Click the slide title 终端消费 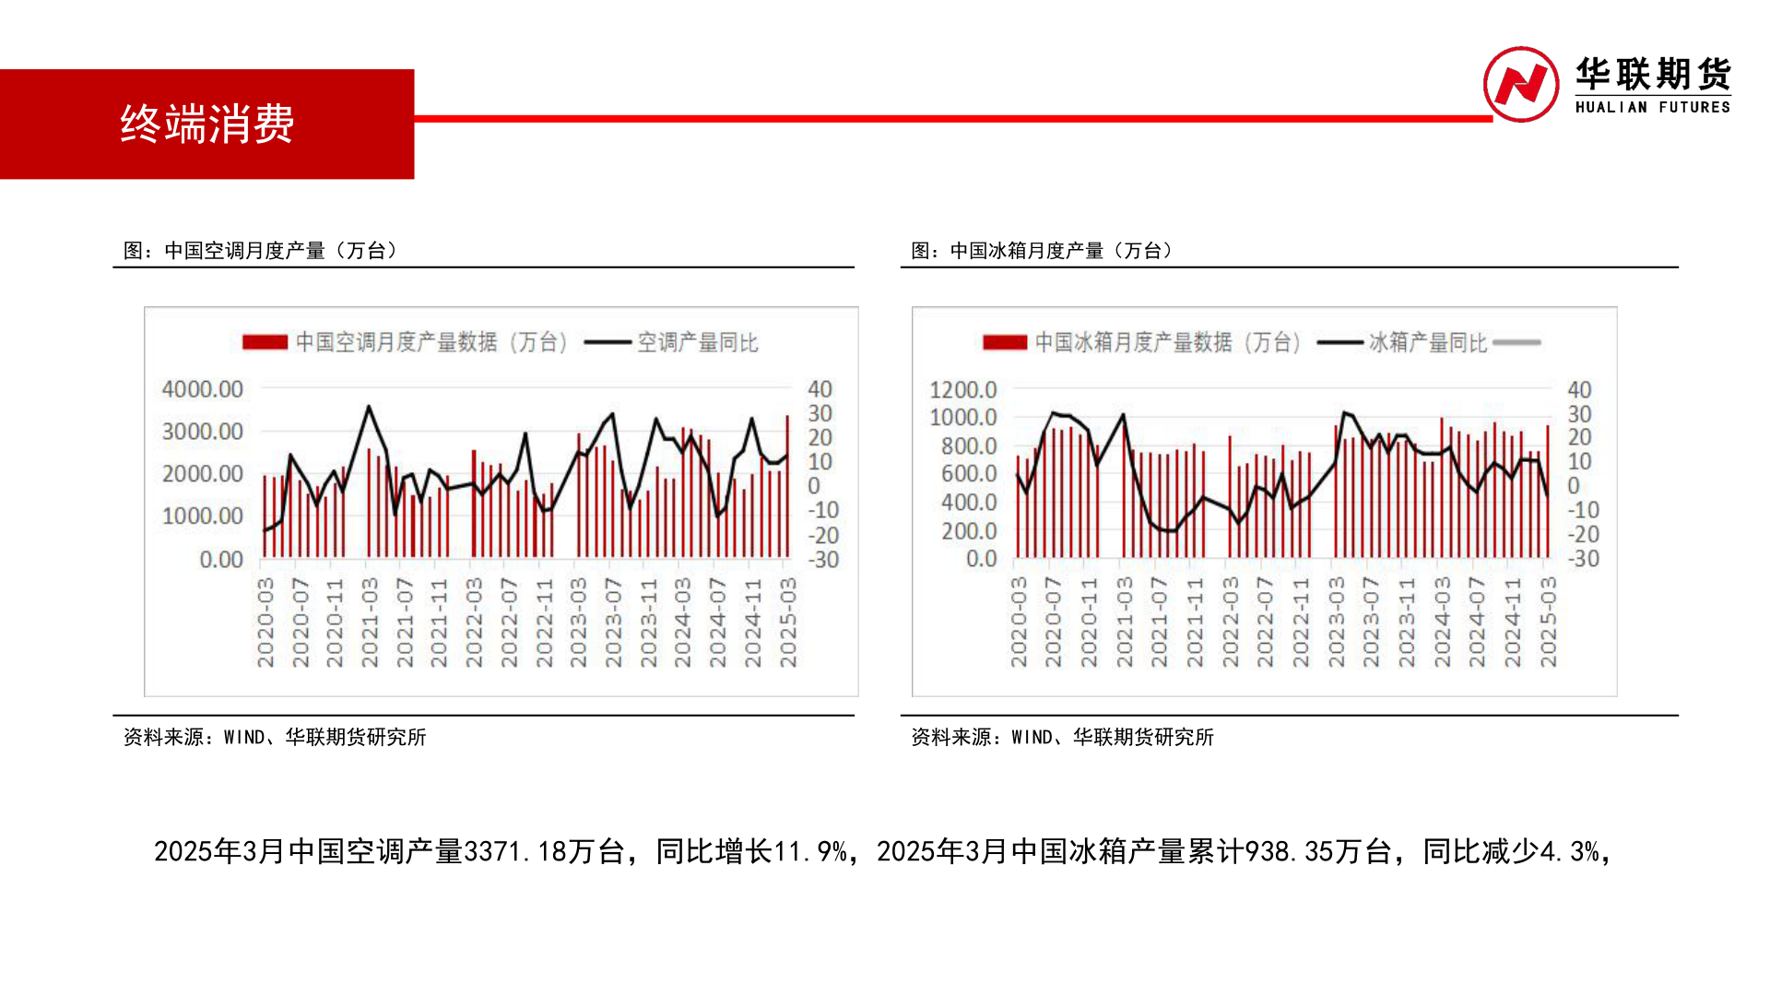tap(207, 125)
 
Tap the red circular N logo tap(1520, 85)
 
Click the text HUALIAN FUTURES tap(1652, 107)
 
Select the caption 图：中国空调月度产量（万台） tap(260, 251)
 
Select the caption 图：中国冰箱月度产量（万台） tap(1042, 251)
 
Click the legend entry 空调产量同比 tap(697, 343)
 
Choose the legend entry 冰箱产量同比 tap(1427, 343)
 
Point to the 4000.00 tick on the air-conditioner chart tap(203, 389)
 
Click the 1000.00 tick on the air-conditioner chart tap(203, 516)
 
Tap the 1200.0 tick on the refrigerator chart tap(963, 390)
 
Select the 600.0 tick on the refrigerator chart tap(969, 474)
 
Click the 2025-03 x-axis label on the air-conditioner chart tap(788, 622)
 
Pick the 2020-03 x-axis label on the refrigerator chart tap(1019, 622)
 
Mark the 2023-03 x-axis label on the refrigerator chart tap(1337, 622)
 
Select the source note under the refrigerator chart tap(1062, 738)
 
